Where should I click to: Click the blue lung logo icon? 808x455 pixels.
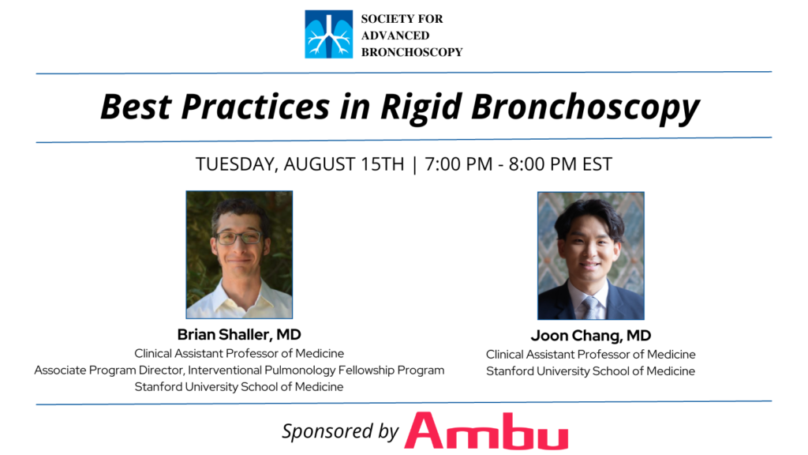click(329, 34)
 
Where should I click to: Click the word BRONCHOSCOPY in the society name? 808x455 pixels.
click(412, 52)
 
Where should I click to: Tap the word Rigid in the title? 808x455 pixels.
click(421, 107)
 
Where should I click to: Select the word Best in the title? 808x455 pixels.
click(136, 107)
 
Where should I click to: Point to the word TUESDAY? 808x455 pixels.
click(237, 164)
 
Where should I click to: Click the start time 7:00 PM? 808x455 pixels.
click(458, 164)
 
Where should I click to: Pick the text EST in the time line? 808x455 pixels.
click(597, 164)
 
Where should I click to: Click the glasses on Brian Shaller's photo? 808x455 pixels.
click(238, 238)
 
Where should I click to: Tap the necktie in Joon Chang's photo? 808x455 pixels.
click(590, 308)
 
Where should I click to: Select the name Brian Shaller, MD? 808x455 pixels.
click(239, 334)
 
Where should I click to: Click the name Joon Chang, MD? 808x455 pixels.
click(590, 335)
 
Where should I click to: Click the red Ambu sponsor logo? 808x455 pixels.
click(486, 431)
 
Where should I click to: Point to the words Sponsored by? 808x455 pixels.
click(340, 431)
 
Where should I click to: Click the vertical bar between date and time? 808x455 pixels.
click(415, 164)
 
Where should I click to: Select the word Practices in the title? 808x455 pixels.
click(255, 107)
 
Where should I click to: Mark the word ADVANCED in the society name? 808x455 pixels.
click(395, 36)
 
